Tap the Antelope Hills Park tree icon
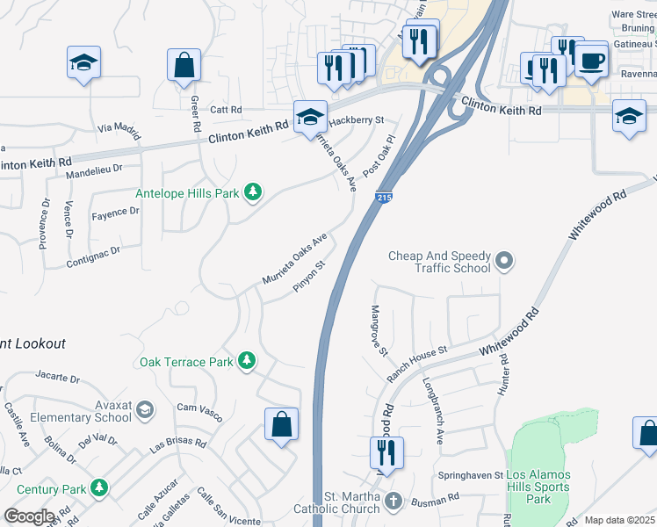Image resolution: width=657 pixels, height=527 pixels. click(x=253, y=192)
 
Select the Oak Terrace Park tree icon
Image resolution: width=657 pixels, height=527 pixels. click(x=248, y=361)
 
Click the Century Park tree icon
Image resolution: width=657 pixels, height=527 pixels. click(x=100, y=487)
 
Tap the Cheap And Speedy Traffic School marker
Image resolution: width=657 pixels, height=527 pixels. click(x=504, y=260)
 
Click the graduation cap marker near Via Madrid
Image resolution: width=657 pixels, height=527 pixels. click(x=84, y=62)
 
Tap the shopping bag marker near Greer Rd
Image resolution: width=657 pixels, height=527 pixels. click(x=184, y=64)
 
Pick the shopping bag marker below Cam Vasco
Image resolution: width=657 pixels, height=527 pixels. click(x=281, y=424)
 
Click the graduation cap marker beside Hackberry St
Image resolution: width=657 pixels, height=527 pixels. click(x=310, y=116)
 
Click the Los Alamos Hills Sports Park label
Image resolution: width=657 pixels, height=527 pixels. click(x=538, y=487)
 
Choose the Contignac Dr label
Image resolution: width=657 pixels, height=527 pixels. click(x=93, y=256)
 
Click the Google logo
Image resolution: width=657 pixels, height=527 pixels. click(x=30, y=516)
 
